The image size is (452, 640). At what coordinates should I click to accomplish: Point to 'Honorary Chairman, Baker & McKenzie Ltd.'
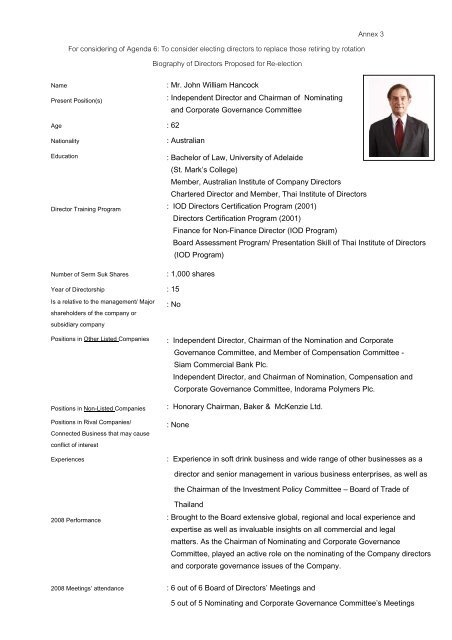pos(259,406)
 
